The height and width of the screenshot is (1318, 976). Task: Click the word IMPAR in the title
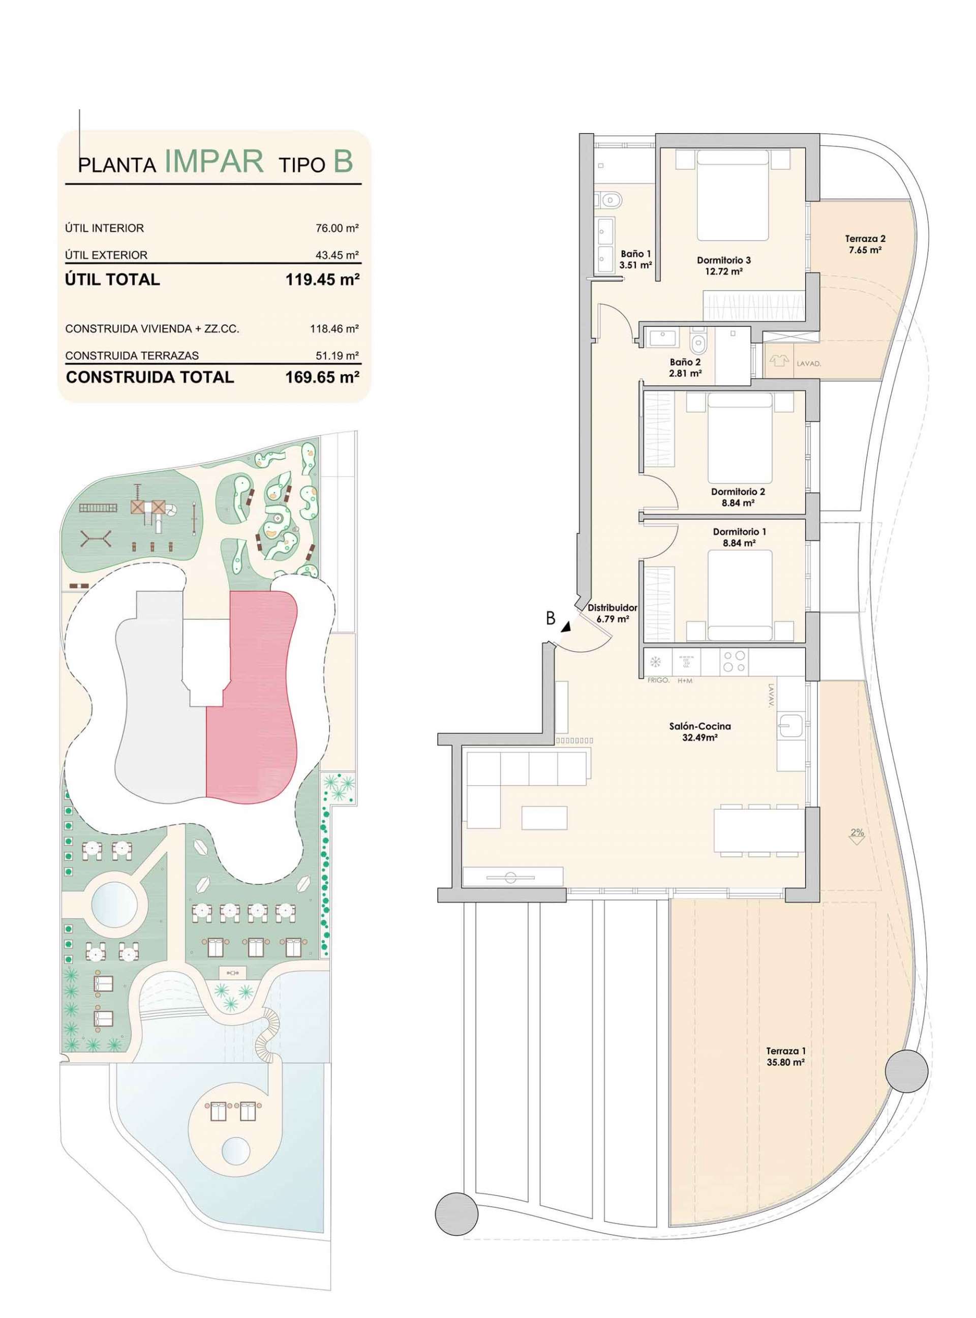(214, 161)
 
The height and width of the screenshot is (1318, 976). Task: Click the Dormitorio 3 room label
(724, 265)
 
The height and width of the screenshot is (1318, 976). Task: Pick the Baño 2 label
(685, 368)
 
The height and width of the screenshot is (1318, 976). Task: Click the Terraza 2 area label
(866, 244)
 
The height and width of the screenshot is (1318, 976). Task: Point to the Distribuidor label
(613, 613)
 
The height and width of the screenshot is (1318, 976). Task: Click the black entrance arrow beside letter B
(567, 626)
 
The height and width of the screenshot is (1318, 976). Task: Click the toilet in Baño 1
(611, 201)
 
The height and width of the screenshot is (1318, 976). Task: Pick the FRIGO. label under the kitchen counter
(658, 681)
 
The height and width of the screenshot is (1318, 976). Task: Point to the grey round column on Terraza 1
(907, 1069)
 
